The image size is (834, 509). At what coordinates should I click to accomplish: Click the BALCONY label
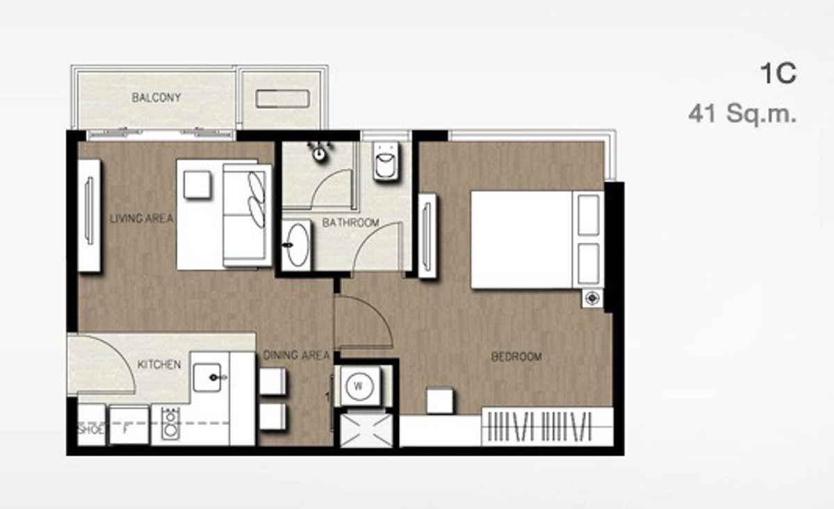[156, 97]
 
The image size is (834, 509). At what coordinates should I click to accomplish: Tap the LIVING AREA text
[142, 218]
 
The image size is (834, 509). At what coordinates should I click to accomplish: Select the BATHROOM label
[351, 223]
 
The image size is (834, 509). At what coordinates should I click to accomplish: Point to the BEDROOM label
[516, 357]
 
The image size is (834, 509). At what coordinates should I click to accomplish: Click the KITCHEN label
[159, 364]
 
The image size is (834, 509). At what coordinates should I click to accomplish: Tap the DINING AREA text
[296, 355]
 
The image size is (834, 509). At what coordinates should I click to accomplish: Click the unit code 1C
[778, 73]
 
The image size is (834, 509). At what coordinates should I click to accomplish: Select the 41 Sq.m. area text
[742, 113]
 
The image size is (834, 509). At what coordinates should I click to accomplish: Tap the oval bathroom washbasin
[297, 245]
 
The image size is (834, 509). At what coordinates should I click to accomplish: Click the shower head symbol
[319, 152]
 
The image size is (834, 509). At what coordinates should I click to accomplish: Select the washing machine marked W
[359, 386]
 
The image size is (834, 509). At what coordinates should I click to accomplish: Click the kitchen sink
[207, 378]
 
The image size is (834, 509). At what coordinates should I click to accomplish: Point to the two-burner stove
[170, 424]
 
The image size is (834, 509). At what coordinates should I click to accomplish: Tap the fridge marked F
[129, 426]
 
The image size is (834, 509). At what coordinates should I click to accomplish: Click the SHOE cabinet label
[91, 429]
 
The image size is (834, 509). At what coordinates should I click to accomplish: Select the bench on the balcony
[283, 99]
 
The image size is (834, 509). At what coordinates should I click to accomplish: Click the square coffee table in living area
[197, 184]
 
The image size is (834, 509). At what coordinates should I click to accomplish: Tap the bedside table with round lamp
[592, 298]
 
